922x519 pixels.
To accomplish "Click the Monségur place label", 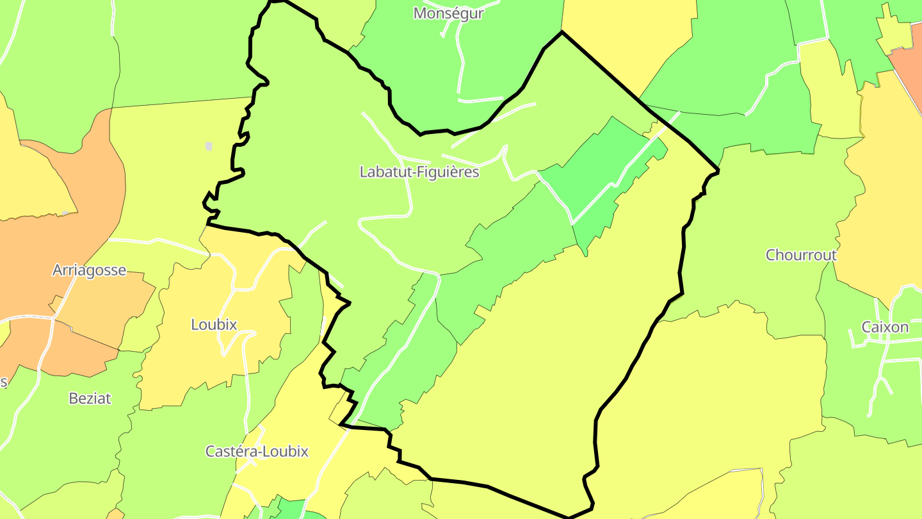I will tap(448, 13).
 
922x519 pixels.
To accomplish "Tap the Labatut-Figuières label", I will tap(419, 172).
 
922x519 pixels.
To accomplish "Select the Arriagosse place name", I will tap(89, 270).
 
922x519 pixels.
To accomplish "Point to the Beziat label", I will tap(90, 398).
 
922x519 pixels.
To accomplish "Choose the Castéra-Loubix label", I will tap(257, 451).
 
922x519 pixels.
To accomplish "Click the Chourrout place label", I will tap(801, 255).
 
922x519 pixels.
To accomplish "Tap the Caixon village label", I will tap(885, 327).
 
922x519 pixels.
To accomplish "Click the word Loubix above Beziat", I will tap(214, 324).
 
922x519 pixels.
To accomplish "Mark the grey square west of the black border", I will tap(209, 147).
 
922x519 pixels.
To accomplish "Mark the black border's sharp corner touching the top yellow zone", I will tap(562, 32).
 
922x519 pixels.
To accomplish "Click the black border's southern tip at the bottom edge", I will tap(569, 516).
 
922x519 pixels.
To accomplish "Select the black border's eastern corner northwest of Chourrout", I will tap(718, 170).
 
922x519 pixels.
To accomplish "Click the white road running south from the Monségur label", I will tap(460, 64).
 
